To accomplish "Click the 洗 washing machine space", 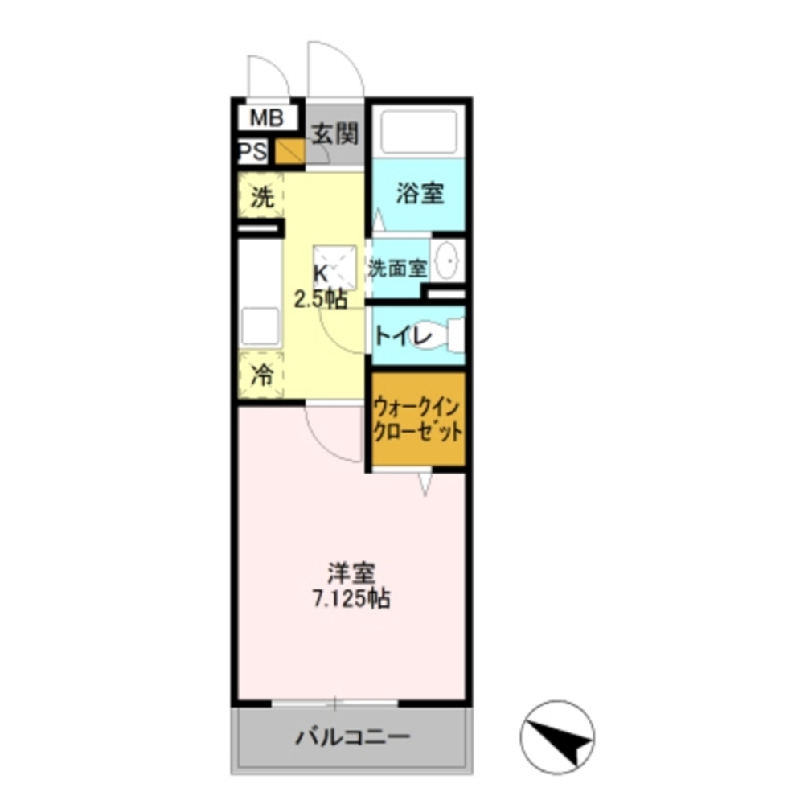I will click(261, 198).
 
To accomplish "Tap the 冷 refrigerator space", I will click(261, 375).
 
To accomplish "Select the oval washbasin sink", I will click(446, 260).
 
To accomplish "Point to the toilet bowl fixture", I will click(450, 334).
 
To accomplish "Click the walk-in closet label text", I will click(418, 420).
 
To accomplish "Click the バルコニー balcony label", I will click(352, 736).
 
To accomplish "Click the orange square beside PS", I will click(289, 151).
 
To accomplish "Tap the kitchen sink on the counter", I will click(260, 326).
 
